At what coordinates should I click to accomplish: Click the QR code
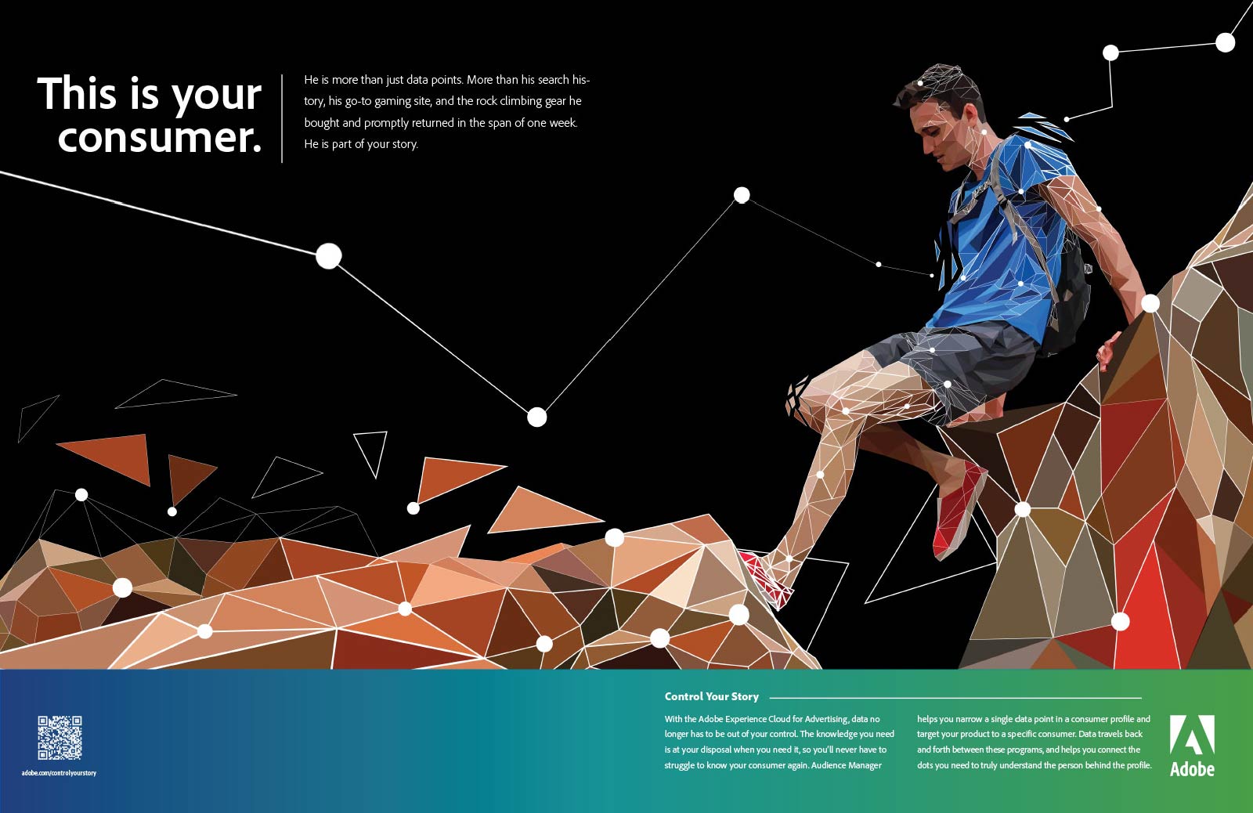60,738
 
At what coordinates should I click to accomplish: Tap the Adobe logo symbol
1192,735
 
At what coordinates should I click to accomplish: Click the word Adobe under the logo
1192,769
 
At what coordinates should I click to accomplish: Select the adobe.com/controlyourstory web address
59,773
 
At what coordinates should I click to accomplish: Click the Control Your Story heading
712,696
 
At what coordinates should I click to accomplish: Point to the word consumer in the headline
160,138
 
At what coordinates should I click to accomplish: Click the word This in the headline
78,93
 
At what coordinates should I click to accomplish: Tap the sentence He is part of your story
361,144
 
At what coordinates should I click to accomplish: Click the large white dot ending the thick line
329,256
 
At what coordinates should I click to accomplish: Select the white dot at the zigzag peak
742,195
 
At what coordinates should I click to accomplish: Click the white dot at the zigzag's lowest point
537,417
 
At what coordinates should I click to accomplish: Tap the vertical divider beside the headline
282,118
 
